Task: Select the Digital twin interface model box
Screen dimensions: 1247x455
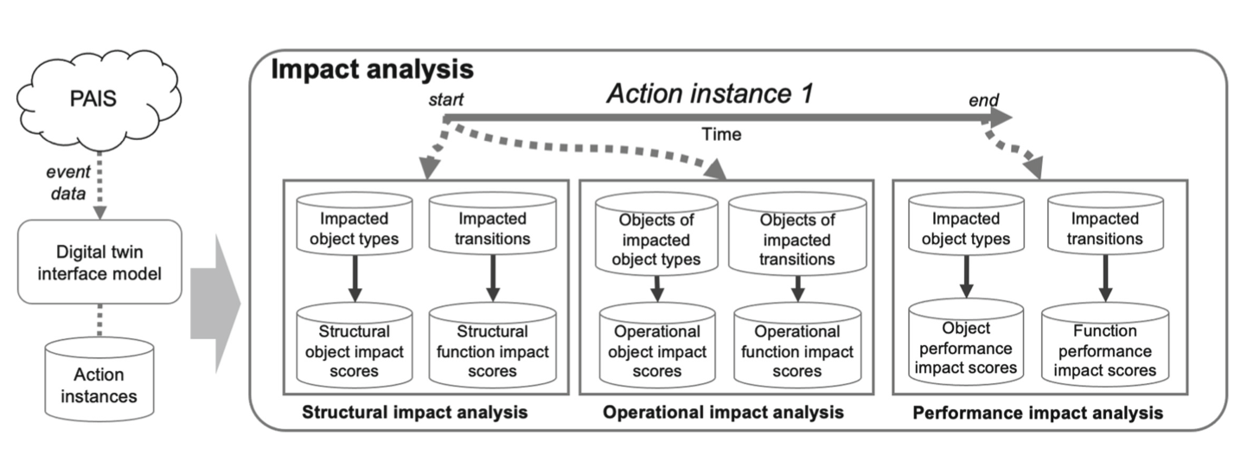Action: coord(99,262)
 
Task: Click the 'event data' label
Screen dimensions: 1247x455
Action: coord(68,183)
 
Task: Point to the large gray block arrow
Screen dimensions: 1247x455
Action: coord(215,304)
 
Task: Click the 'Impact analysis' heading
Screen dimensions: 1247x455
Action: coord(372,69)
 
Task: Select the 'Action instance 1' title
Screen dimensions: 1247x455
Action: coord(710,93)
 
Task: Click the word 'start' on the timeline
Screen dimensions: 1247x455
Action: coord(445,99)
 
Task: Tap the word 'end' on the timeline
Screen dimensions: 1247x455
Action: coord(984,100)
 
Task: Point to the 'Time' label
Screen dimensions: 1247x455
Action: coord(721,134)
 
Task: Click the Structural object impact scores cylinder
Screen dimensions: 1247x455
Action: coord(354,345)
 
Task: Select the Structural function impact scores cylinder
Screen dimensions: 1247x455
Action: coord(492,345)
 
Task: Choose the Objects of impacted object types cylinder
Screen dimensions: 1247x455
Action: coord(656,234)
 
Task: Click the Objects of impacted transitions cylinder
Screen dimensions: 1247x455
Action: coord(797,234)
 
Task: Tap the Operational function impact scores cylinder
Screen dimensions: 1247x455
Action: coord(797,345)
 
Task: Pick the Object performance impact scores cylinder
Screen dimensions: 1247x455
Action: coord(966,342)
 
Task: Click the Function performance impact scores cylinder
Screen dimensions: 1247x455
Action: coord(1105,344)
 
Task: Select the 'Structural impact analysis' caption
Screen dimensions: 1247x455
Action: coord(415,412)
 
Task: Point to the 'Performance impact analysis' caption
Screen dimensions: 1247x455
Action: coord(1038,413)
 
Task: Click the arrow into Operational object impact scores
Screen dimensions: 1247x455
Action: coord(657,288)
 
